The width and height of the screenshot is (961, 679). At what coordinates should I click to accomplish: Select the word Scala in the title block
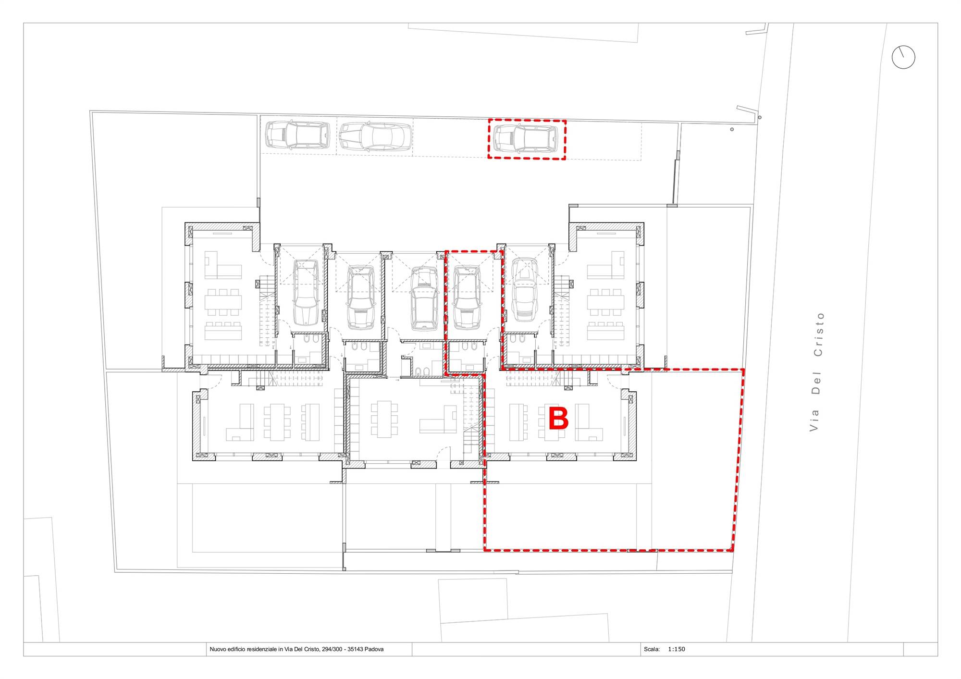click(x=652, y=649)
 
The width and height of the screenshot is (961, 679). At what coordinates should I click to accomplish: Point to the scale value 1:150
click(x=677, y=649)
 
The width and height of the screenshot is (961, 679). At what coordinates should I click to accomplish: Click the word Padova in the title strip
click(x=374, y=649)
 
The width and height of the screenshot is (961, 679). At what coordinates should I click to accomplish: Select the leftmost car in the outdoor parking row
click(x=297, y=135)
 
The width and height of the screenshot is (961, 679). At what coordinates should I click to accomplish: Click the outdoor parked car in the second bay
click(x=376, y=137)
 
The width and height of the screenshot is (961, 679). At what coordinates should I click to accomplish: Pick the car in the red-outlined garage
click(x=467, y=298)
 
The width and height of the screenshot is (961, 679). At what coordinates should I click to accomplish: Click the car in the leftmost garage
click(x=306, y=293)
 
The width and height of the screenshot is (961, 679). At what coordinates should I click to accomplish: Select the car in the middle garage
click(x=425, y=299)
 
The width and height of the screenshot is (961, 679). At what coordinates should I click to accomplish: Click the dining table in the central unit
click(x=384, y=419)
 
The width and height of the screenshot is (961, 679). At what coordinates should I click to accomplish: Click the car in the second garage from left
click(x=361, y=298)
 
